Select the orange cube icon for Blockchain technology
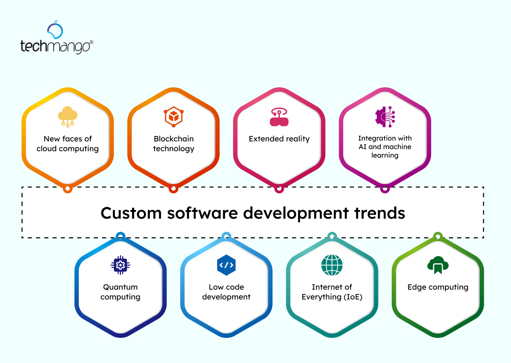click(173, 116)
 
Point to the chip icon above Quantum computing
click(121, 265)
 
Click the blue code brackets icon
click(226, 265)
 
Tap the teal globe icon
click(332, 265)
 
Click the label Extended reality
click(279, 139)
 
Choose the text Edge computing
click(438, 287)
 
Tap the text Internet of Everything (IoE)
click(332, 292)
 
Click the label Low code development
click(226, 292)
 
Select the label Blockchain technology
click(173, 144)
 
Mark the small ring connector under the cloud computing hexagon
click(67, 189)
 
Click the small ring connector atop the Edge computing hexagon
click(437, 236)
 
